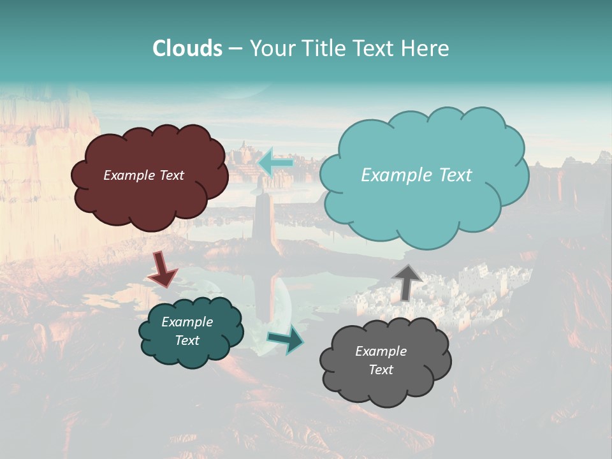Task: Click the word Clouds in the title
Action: pyautogui.click(x=187, y=48)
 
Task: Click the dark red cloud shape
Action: pyautogui.click(x=150, y=204)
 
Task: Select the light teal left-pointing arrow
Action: pyautogui.click(x=275, y=163)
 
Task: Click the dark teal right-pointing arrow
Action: pyautogui.click(x=286, y=340)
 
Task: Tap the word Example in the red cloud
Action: pyautogui.click(x=127, y=175)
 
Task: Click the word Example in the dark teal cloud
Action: pyautogui.click(x=187, y=322)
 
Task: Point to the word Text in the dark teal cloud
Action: pyautogui.click(x=187, y=340)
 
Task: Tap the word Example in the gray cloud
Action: pyautogui.click(x=381, y=351)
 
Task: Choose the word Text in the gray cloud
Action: pyautogui.click(x=381, y=370)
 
